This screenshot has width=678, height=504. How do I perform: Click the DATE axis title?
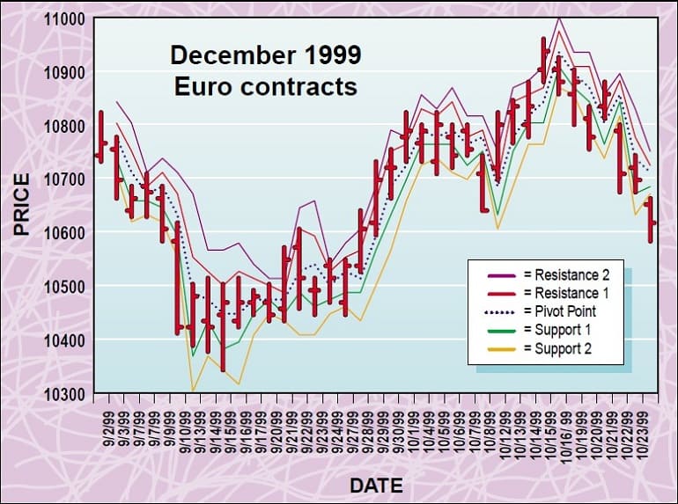click(376, 485)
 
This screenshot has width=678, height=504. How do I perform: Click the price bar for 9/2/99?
click(101, 137)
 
